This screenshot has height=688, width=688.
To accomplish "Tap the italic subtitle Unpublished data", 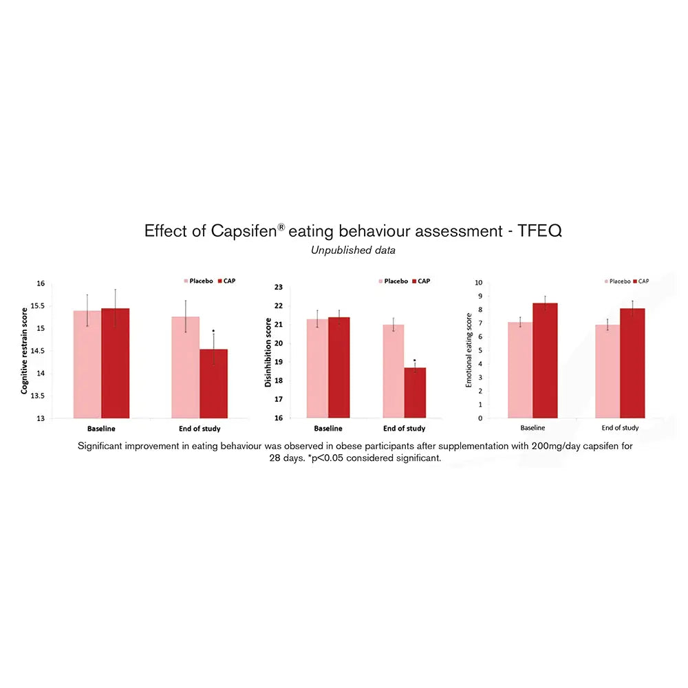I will (x=353, y=250).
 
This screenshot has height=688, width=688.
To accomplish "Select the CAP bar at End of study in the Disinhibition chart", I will (x=415, y=392).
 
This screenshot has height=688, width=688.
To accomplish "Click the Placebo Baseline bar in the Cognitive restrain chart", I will (x=87, y=364).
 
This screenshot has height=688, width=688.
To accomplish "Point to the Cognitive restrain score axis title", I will (x=25, y=350).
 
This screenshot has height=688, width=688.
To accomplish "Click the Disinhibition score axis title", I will (x=268, y=352).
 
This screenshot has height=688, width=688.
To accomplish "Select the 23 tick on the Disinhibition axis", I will (x=279, y=288).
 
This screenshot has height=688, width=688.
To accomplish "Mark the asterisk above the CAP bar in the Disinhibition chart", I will (x=415, y=360).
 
